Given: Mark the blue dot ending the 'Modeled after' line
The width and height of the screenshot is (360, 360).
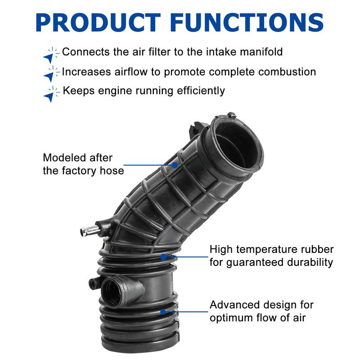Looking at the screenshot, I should coord(175,165).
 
